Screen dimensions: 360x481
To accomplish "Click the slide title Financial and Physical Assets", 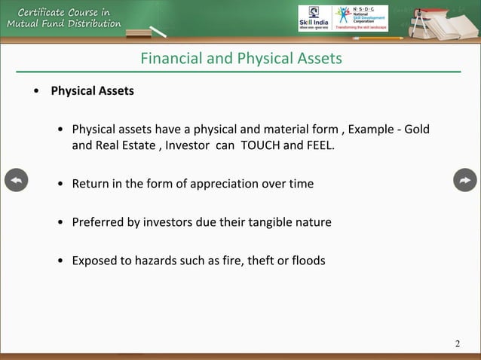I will coord(241,58).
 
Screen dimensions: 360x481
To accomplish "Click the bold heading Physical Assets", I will coord(92,91).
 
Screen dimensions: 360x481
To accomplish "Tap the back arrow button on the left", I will coord(16,181).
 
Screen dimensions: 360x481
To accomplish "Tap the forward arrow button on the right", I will coord(465,181).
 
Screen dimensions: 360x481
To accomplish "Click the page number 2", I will coord(457,345).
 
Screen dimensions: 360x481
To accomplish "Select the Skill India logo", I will coord(313,18).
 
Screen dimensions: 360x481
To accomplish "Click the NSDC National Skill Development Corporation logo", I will coord(360,18).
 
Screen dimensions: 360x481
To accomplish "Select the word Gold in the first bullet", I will coord(417,130).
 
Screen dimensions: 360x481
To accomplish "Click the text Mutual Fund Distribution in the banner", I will coord(64,23).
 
